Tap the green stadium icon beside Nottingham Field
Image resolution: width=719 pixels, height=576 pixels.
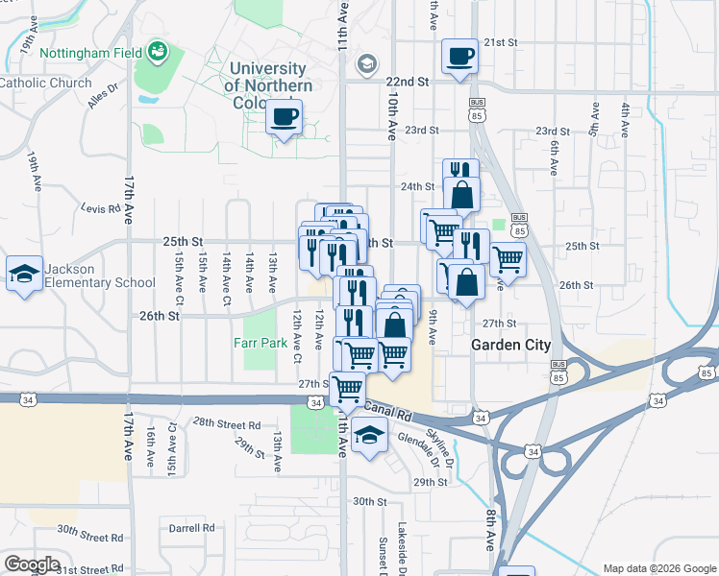pos(158,52)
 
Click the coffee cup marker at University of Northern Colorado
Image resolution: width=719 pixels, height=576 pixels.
pos(284,117)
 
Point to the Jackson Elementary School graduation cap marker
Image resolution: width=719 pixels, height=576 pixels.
pos(24,274)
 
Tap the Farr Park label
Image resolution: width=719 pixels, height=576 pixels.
pos(260,342)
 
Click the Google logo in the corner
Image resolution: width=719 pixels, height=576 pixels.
pos(33,564)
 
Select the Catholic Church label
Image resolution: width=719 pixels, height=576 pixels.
pos(45,84)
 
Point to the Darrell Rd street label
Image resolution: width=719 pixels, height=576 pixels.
pos(191,528)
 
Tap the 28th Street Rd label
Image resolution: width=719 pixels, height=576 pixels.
pos(226,423)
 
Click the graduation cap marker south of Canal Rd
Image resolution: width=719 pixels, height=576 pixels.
pos(366,436)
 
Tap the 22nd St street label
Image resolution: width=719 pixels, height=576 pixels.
pos(406,83)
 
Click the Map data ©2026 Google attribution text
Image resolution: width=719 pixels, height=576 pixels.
pos(659,568)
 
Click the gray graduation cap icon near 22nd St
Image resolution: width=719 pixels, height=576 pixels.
pos(365,65)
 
